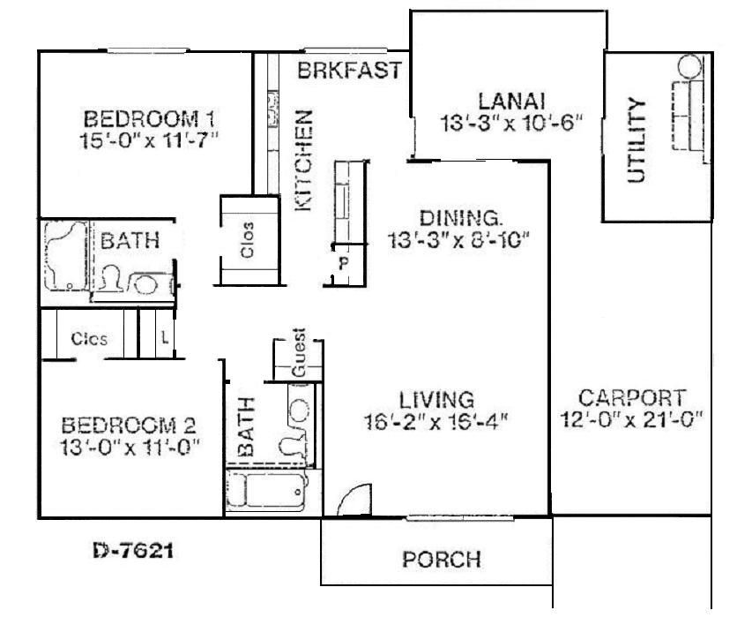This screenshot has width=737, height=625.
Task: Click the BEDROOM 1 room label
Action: (x=150, y=118)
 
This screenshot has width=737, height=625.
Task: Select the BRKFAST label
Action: (x=349, y=71)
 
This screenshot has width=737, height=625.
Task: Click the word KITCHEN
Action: (x=303, y=160)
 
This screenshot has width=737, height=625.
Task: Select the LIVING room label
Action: (x=436, y=398)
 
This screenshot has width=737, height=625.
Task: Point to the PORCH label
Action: (x=441, y=560)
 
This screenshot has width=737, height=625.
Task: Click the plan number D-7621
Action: (x=132, y=553)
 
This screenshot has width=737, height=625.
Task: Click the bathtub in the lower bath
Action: (x=264, y=488)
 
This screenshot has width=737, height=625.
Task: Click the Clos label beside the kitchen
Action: (x=249, y=239)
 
